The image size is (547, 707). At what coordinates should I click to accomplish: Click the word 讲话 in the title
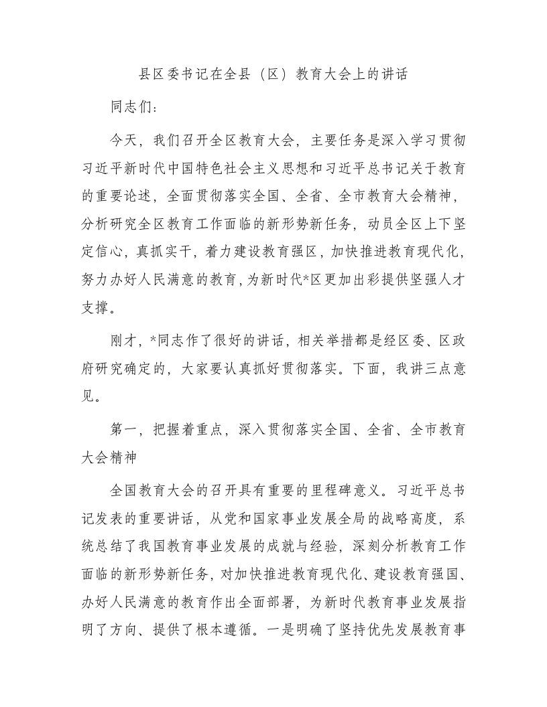(393, 74)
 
